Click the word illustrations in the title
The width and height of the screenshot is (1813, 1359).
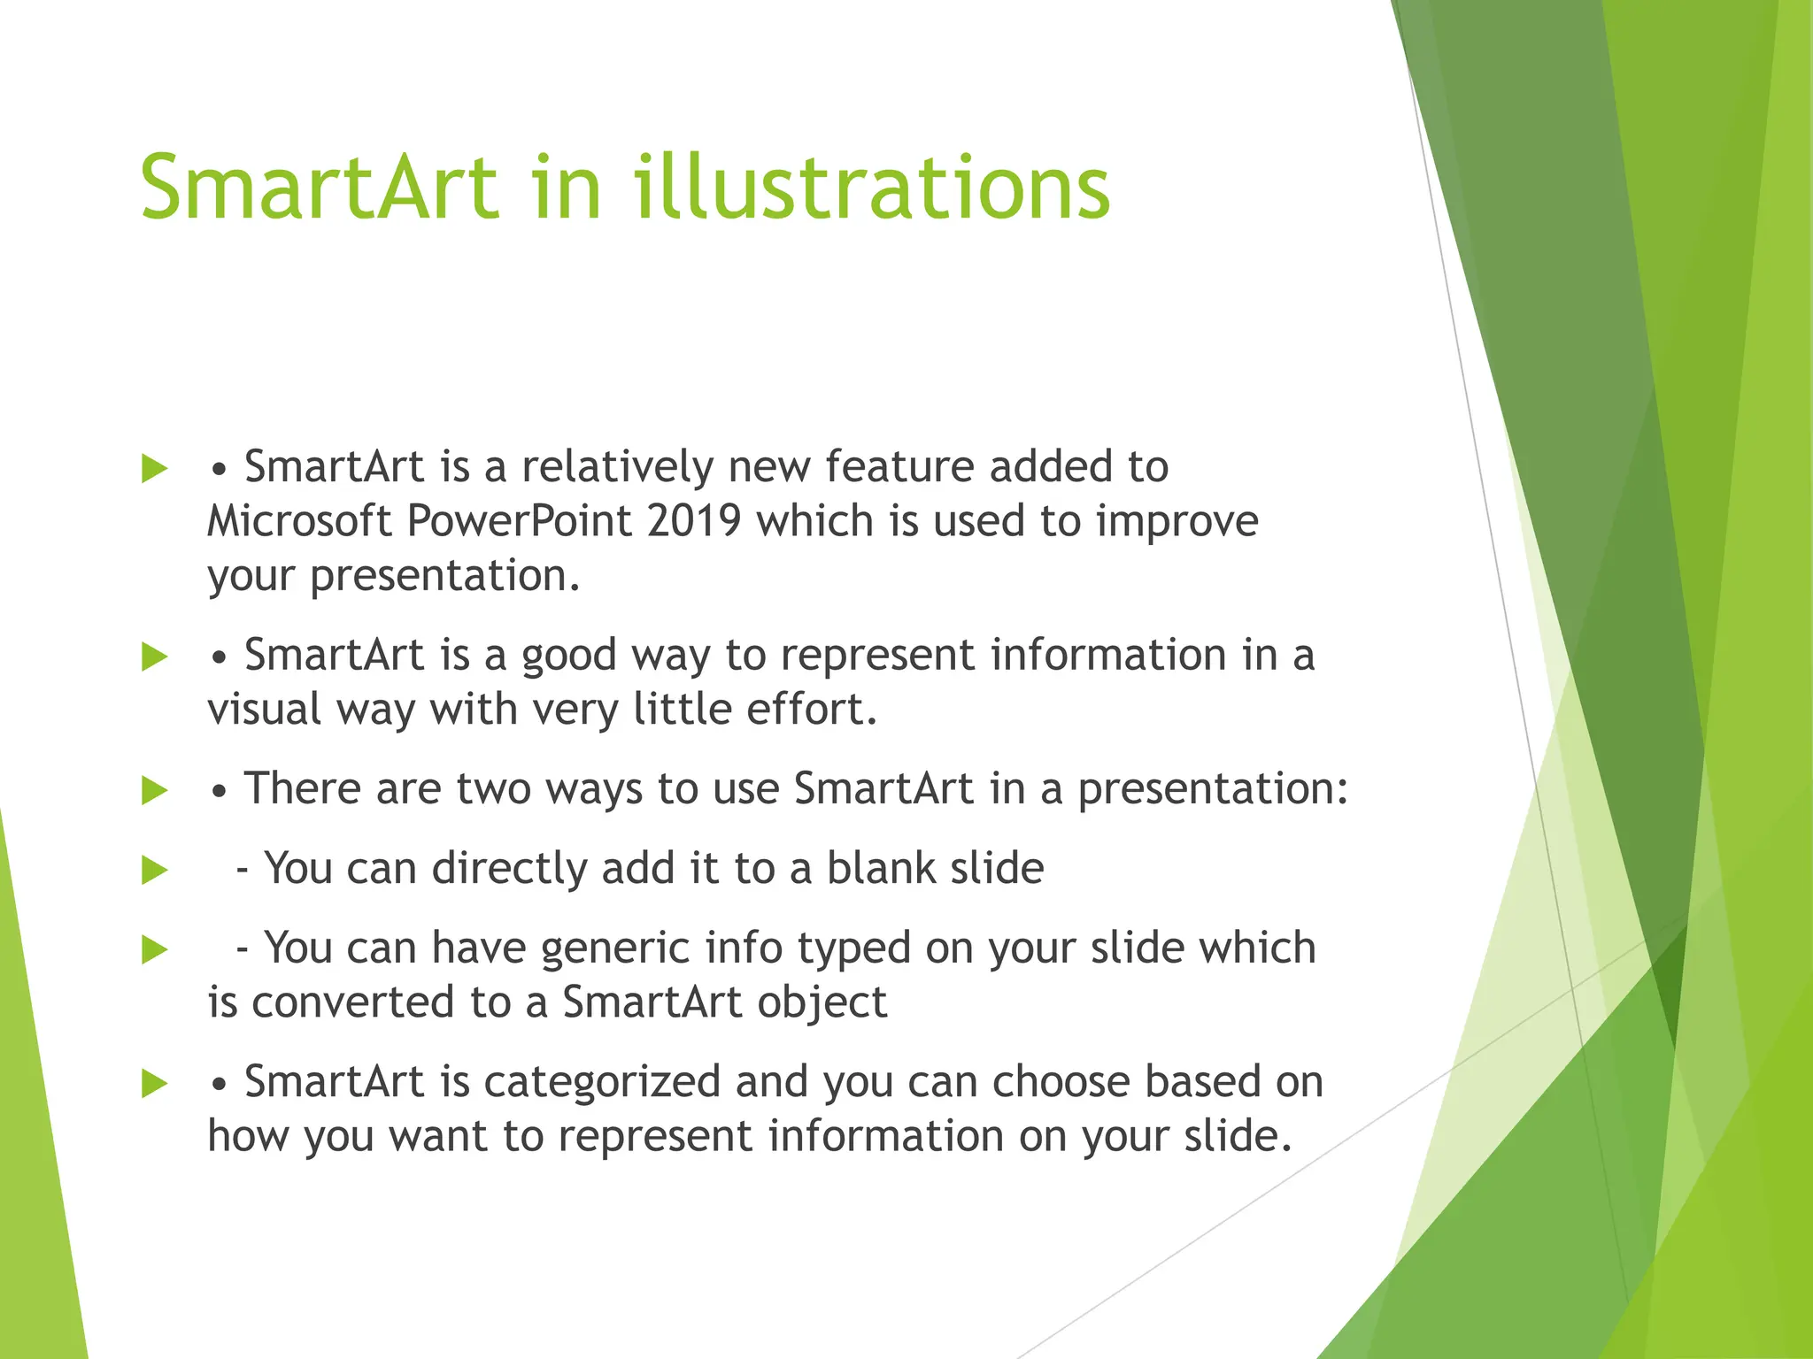coord(871,188)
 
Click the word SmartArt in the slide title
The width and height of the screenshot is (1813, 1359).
coord(319,188)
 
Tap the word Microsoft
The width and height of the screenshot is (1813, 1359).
coord(299,520)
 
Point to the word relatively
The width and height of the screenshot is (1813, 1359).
coord(617,466)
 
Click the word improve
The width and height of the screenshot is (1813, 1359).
coord(1177,522)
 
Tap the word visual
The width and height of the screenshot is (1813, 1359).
coord(263,709)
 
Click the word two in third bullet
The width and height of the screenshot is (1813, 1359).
coord(493,788)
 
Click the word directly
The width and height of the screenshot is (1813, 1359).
coord(509,869)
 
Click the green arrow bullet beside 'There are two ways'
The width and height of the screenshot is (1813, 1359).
coord(154,790)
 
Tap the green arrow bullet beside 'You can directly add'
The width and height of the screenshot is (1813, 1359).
coord(154,870)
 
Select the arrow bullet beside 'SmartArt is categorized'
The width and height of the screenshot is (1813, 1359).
coord(154,1083)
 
